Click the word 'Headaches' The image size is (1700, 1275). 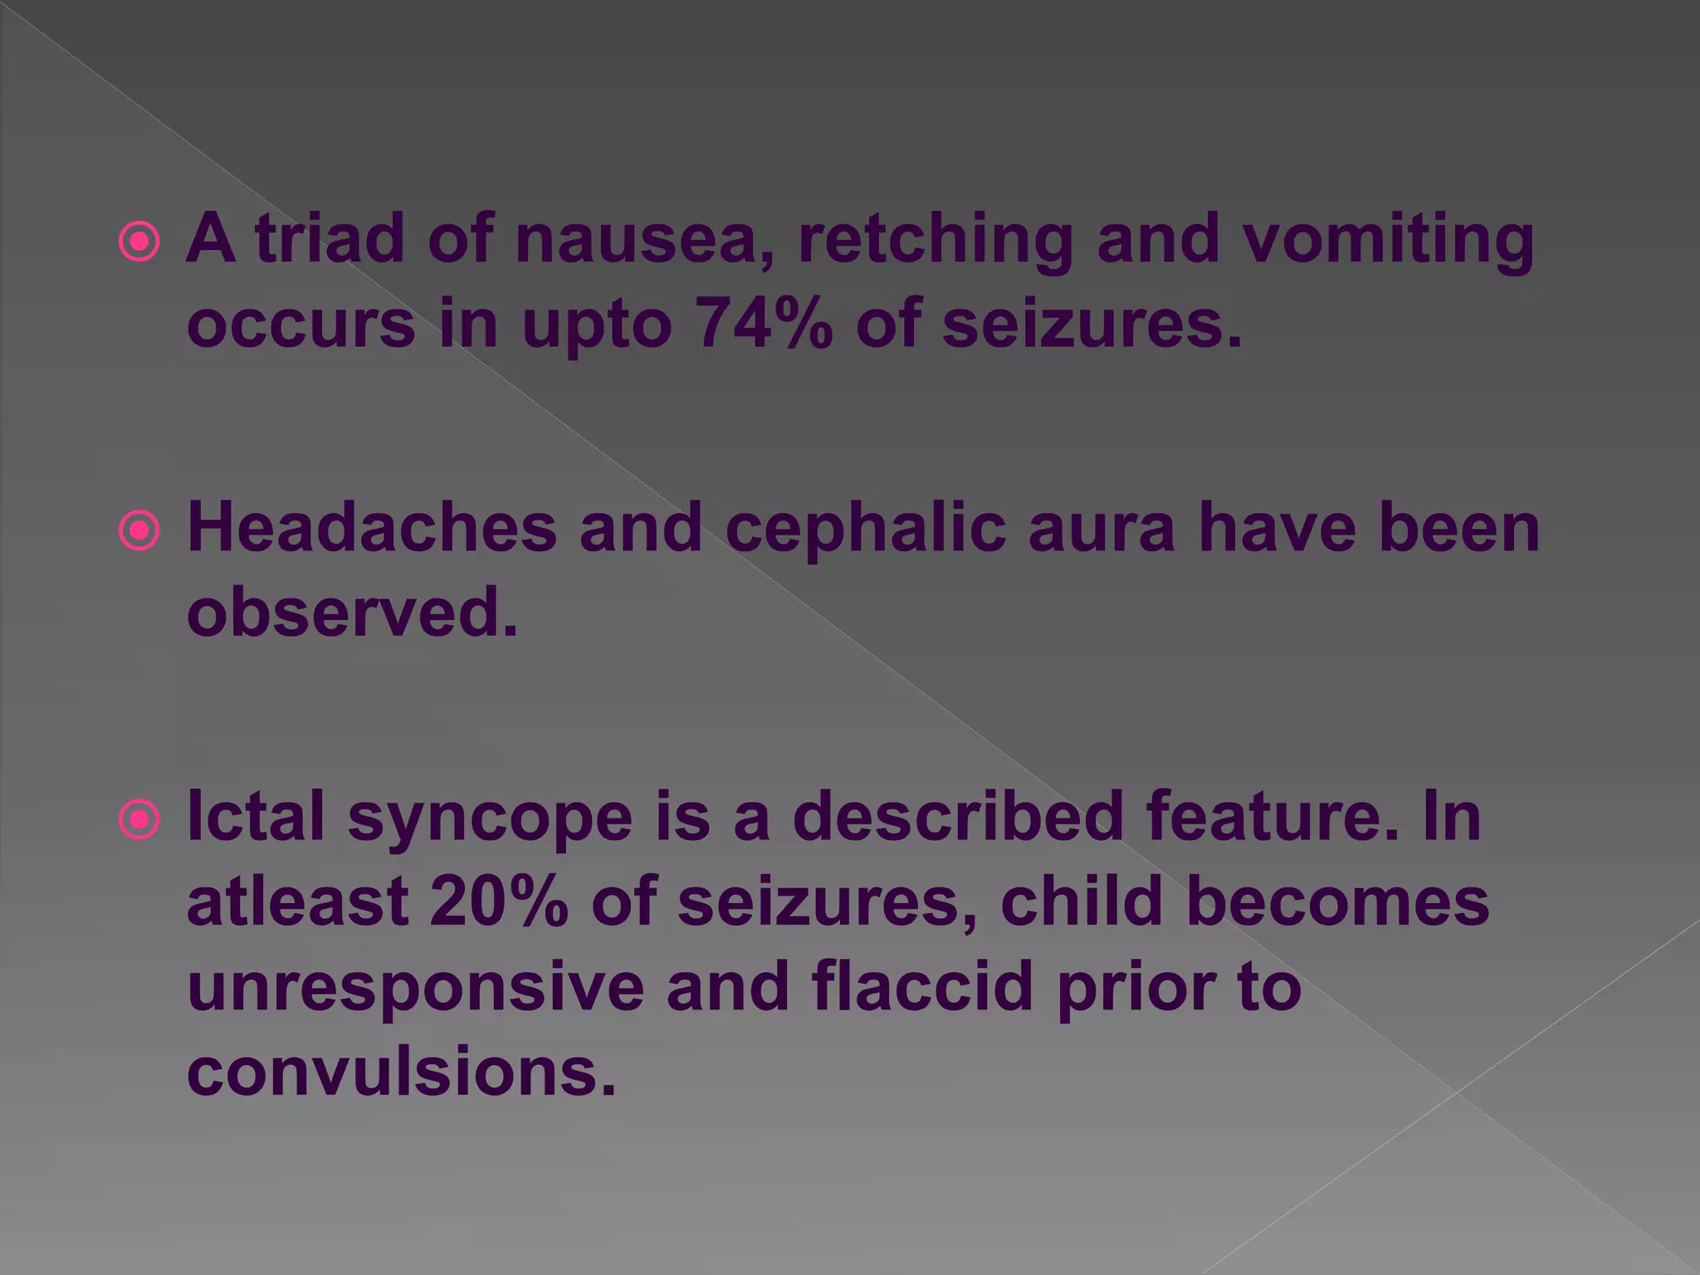372,528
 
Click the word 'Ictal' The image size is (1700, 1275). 256,817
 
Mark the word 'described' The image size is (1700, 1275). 958,817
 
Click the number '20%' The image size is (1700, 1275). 499,901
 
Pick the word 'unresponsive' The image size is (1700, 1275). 416,988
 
